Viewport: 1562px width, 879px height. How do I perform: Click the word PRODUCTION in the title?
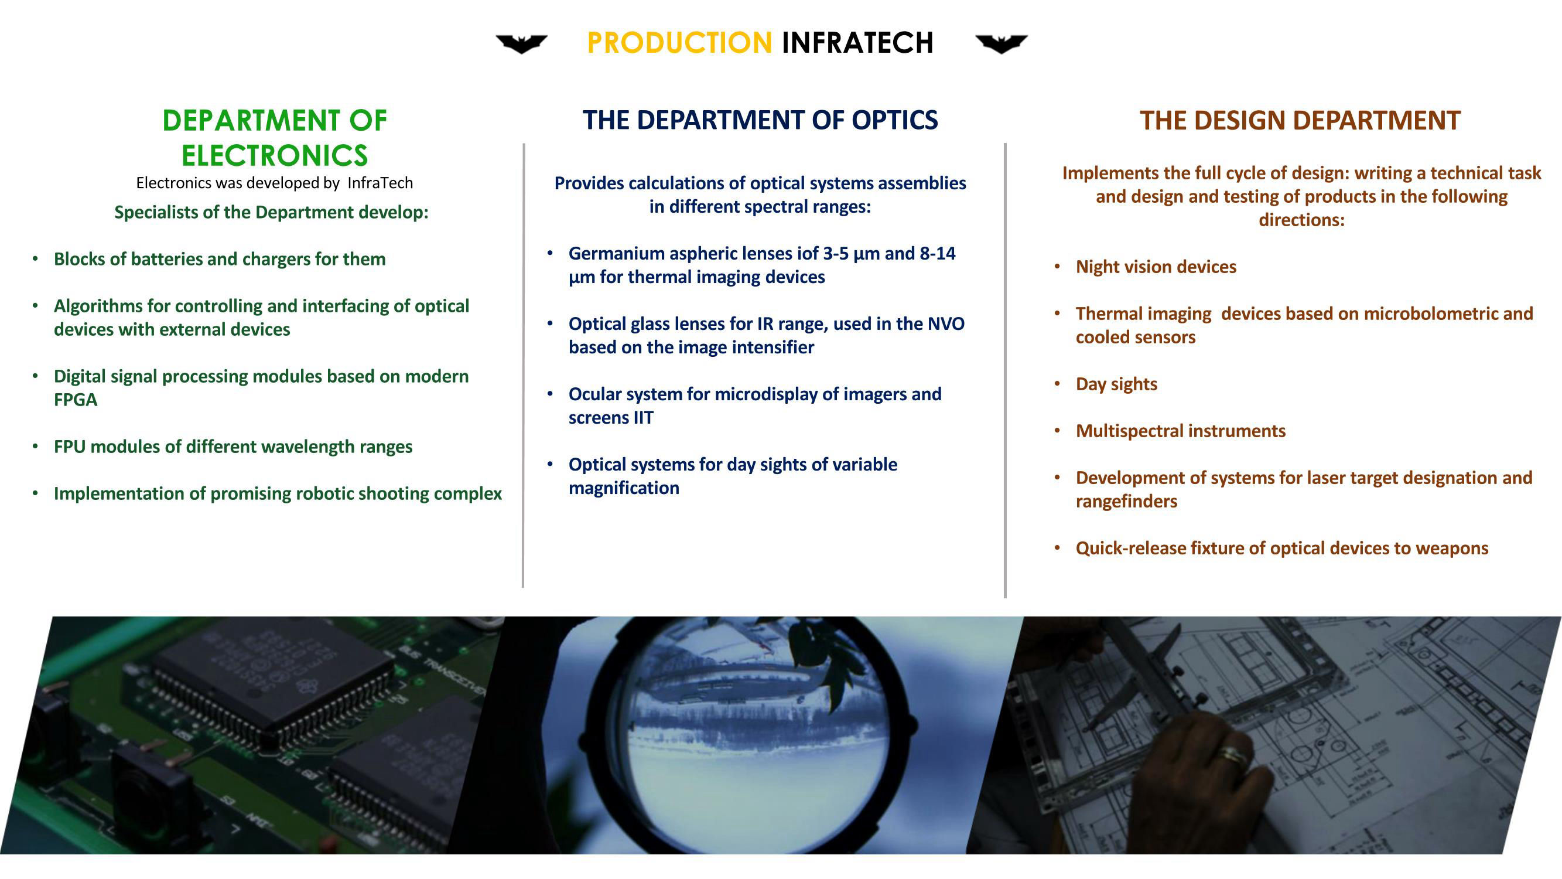point(679,42)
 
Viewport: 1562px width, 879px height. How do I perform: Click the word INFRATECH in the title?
point(857,42)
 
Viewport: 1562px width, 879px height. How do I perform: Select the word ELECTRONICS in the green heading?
point(275,156)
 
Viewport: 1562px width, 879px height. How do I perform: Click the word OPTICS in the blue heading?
point(894,120)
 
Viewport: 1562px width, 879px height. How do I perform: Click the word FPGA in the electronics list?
point(75,400)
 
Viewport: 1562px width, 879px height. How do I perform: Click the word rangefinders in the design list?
point(1127,502)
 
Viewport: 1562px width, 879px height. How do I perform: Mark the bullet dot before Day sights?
point(1057,384)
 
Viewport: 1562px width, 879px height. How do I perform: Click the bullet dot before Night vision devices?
point(1057,267)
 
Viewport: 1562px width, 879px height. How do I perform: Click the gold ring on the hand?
point(1235,755)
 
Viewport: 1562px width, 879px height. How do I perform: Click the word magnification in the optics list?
point(624,488)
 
